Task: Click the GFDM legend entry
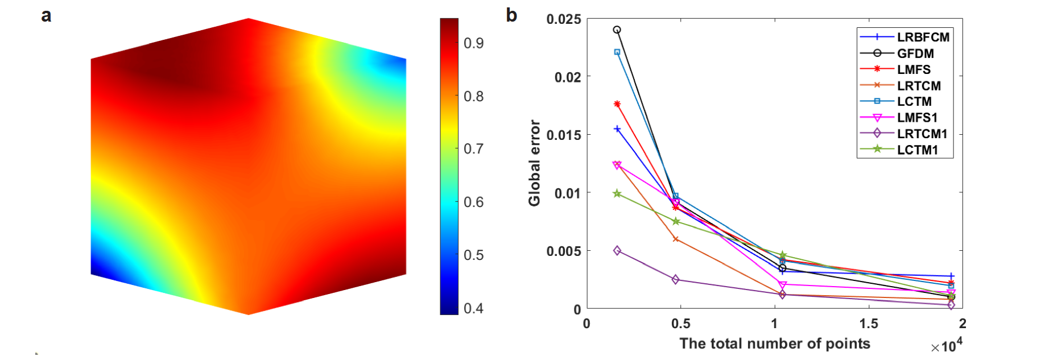[915, 53]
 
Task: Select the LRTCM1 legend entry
[922, 134]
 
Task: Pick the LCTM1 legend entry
[917, 150]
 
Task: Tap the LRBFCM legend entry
[923, 37]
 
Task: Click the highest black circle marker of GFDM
[617, 30]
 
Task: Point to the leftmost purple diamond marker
[617, 251]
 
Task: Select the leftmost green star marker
[617, 194]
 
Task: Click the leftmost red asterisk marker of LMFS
[617, 104]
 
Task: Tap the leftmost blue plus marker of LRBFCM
[617, 129]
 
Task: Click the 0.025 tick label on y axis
[564, 19]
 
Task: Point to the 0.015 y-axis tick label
[564, 135]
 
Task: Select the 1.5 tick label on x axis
[869, 324]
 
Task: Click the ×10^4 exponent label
[947, 346]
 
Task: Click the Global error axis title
[534, 163]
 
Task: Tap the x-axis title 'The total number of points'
[775, 344]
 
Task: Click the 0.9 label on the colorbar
[473, 43]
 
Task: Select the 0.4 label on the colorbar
[473, 308]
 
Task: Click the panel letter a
[46, 15]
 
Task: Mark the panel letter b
[511, 15]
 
